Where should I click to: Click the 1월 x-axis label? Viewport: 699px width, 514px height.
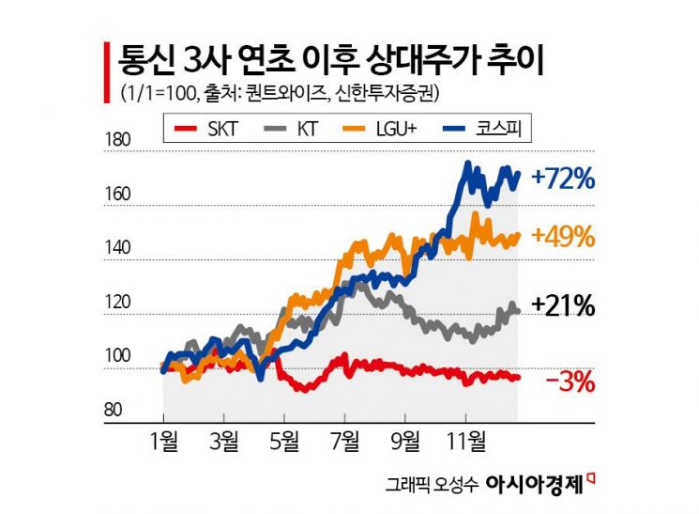[x=162, y=440]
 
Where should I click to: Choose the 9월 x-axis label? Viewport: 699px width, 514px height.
[x=405, y=440]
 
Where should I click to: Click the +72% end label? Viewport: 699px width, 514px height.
[x=563, y=178]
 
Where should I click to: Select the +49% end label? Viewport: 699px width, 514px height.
[x=563, y=237]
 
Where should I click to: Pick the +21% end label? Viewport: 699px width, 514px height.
[x=563, y=306]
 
